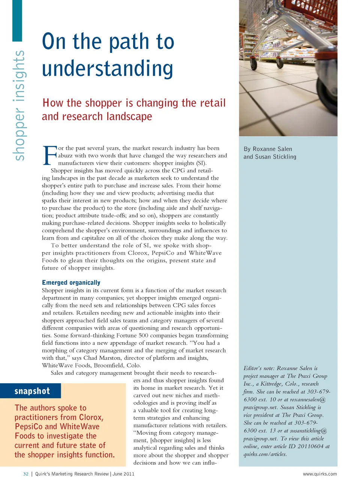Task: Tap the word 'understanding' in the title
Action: click(x=108, y=69)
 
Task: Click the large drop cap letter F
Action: click(x=50, y=156)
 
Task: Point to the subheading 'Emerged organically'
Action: click(x=71, y=283)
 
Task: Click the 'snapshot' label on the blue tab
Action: click(x=32, y=391)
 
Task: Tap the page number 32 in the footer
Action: click(x=26, y=474)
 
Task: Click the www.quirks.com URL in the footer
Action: click(x=319, y=474)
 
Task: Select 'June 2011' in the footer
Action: click(x=123, y=474)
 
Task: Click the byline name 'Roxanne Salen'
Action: click(x=272, y=149)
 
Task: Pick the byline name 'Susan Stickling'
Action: click(x=276, y=157)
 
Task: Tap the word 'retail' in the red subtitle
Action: click(x=213, y=103)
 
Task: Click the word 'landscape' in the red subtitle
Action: click(x=129, y=117)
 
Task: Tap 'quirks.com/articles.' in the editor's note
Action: click(x=265, y=454)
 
